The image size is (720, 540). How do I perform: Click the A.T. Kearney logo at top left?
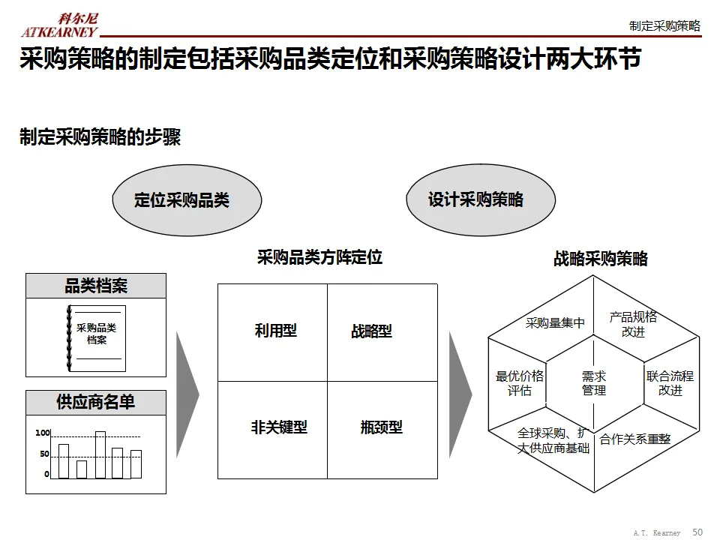click(60, 25)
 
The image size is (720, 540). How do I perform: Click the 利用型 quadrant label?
click(275, 330)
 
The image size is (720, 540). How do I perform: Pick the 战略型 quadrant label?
click(371, 331)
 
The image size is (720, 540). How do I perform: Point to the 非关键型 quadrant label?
click(279, 427)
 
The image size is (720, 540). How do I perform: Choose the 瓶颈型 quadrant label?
click(381, 427)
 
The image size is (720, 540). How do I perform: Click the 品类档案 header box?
click(96, 286)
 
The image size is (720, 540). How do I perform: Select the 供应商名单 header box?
click(96, 402)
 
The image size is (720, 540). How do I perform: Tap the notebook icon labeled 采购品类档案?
click(96, 338)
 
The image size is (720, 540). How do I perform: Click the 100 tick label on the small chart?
click(42, 433)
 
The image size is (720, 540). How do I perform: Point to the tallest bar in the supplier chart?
click(100, 454)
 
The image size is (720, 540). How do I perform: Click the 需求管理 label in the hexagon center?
click(593, 383)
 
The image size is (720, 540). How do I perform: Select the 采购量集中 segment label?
click(555, 323)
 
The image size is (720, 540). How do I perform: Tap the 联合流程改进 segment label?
click(670, 383)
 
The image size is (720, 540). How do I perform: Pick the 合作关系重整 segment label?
click(634, 439)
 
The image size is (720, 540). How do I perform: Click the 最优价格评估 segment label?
click(520, 383)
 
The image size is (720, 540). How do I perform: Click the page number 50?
click(697, 532)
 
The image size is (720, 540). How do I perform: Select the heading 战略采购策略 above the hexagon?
click(600, 259)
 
